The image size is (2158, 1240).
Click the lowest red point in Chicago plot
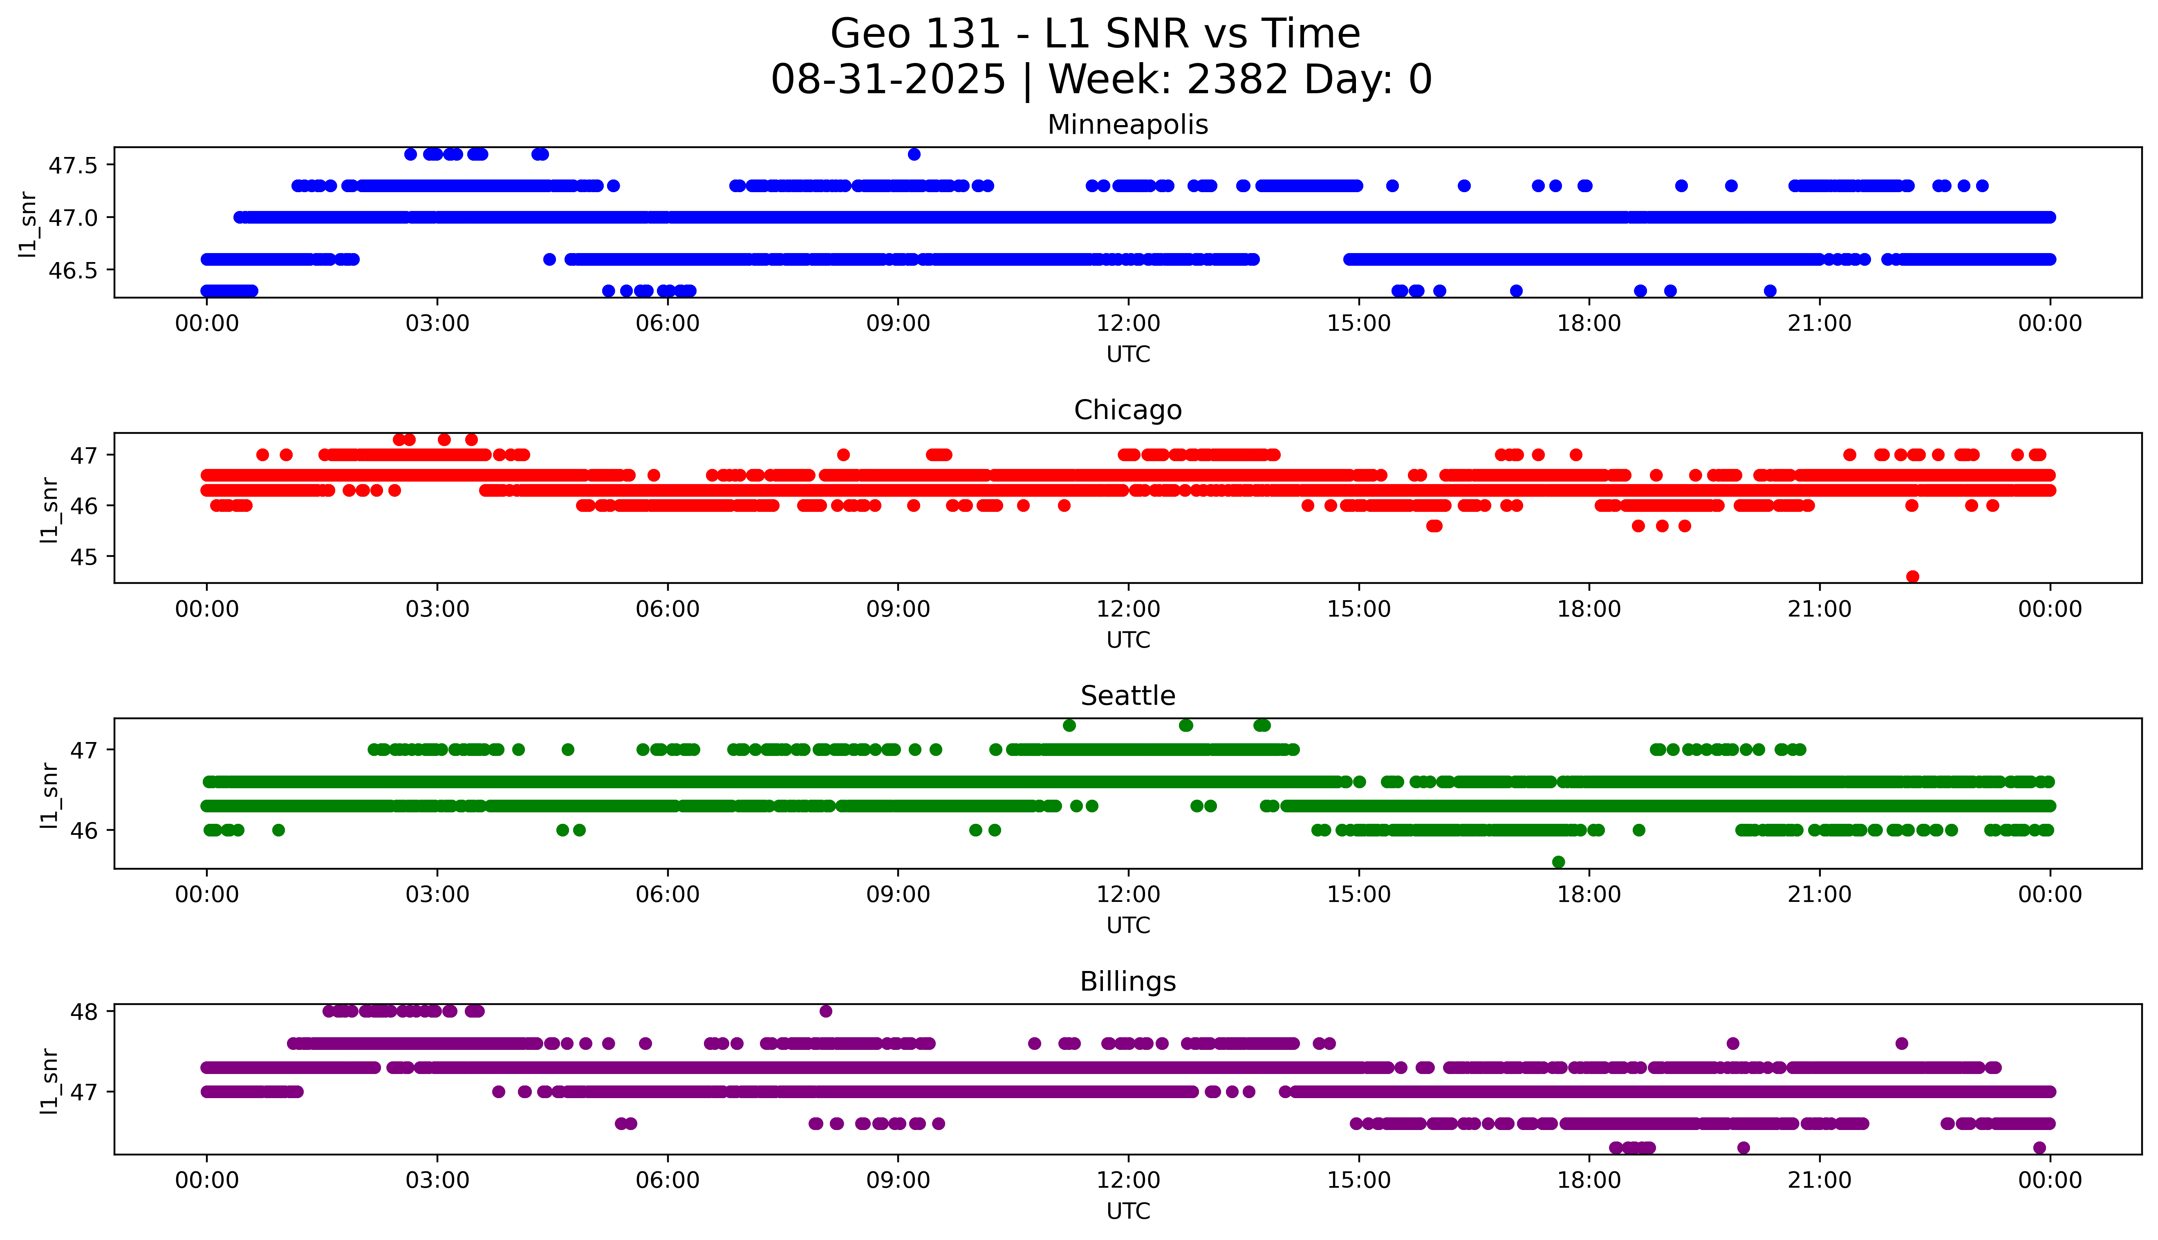(1912, 576)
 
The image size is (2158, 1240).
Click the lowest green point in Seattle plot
(1558, 862)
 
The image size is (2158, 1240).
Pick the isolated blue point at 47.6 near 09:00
(913, 154)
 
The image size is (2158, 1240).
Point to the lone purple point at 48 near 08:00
(825, 1011)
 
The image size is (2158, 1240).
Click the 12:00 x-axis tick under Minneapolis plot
(1128, 324)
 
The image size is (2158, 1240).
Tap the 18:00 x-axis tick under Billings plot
(1589, 1180)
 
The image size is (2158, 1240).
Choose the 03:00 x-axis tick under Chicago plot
(437, 609)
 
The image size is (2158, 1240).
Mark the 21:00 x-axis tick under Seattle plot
(1819, 894)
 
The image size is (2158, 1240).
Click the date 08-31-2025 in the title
(888, 80)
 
